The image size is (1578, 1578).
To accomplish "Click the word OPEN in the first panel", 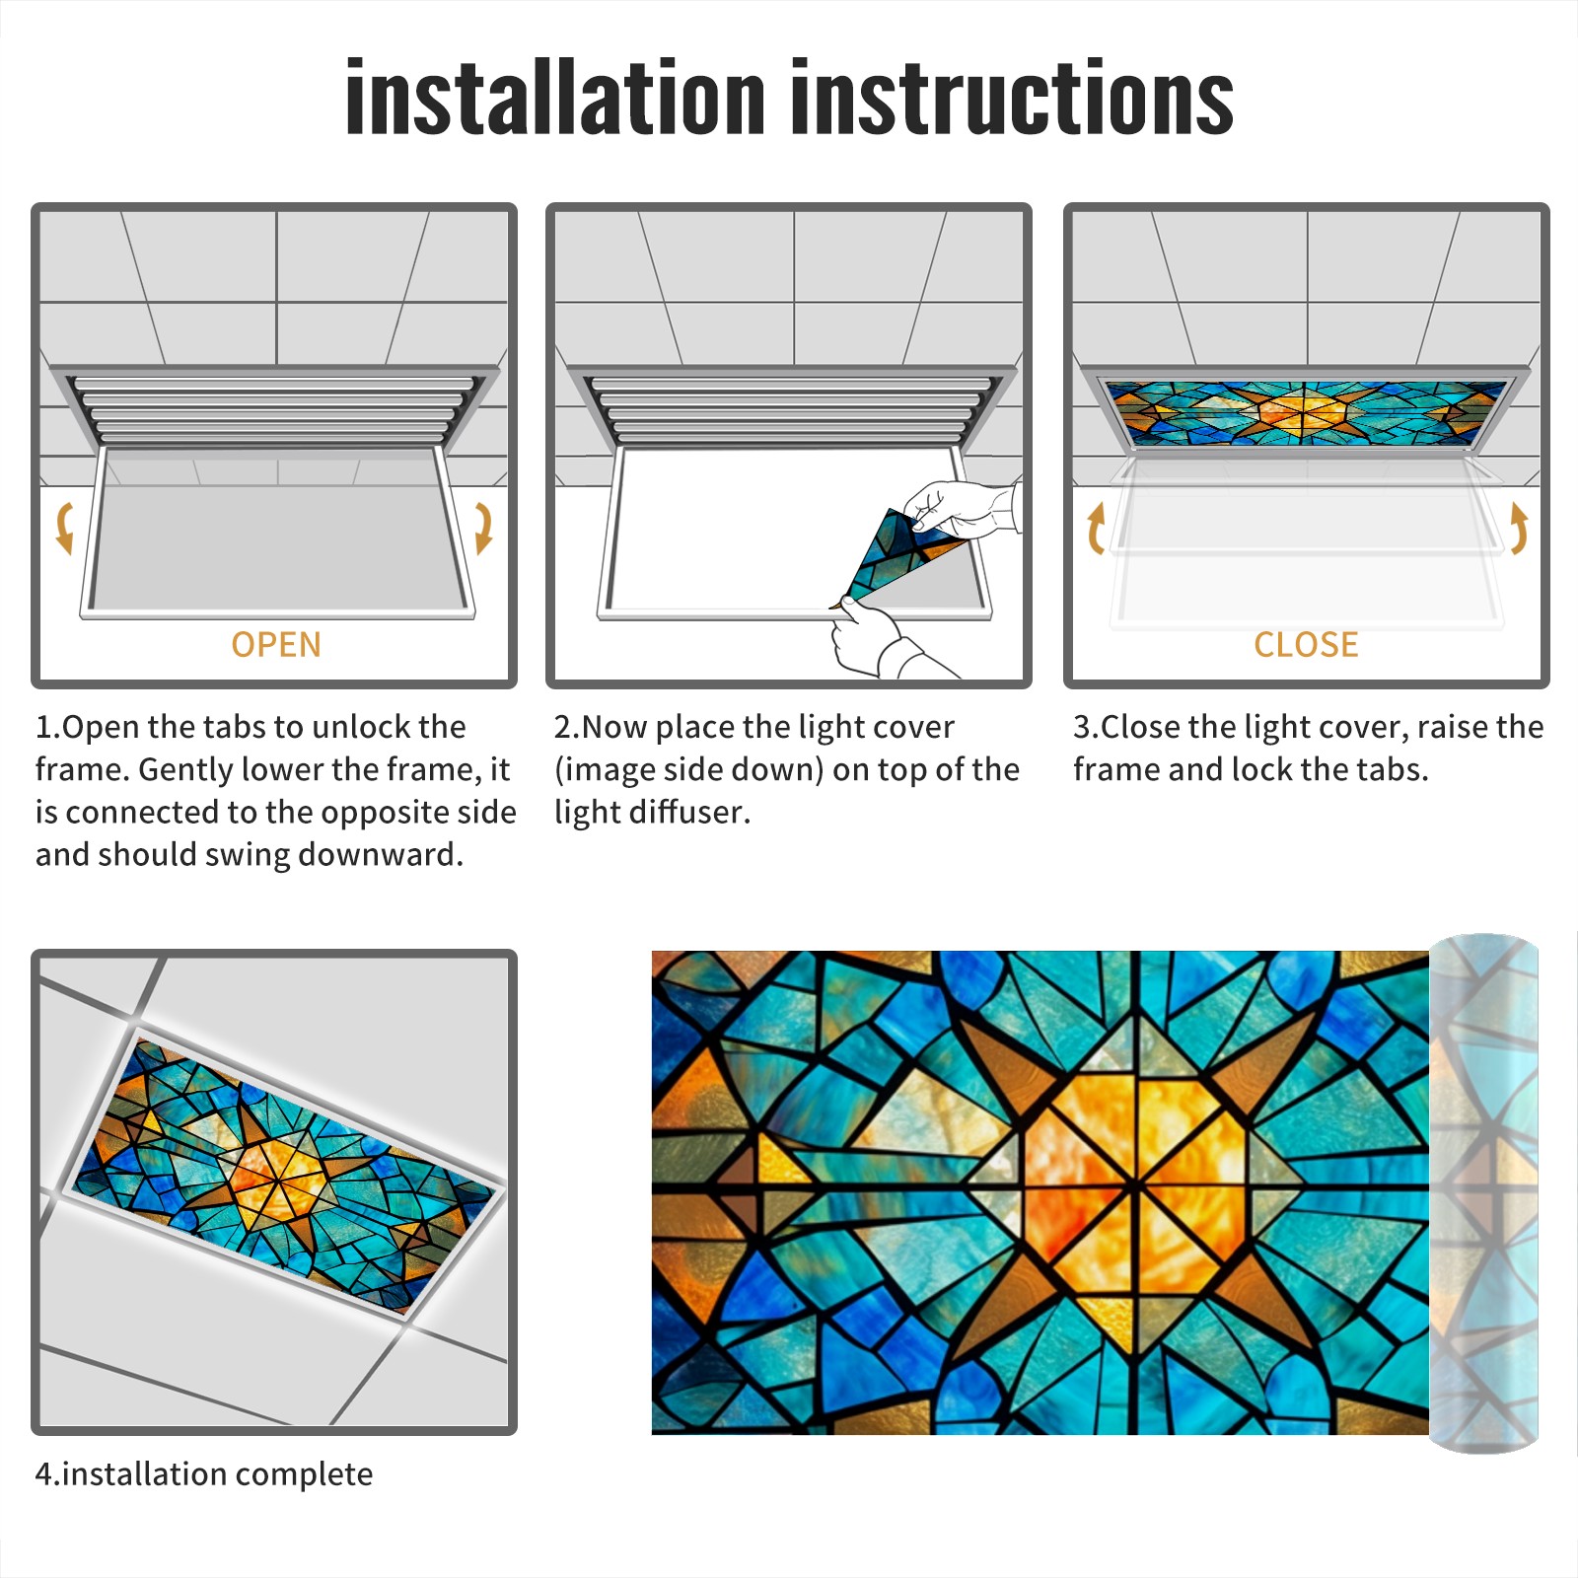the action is [x=276, y=645].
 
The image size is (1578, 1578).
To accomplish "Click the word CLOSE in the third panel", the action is [x=1306, y=645].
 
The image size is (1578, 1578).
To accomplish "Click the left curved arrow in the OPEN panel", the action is [x=64, y=528].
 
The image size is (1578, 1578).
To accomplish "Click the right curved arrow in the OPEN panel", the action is [x=483, y=528].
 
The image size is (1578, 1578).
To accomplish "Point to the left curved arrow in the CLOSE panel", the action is [x=1096, y=528].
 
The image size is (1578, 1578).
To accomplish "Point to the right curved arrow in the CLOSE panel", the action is [x=1519, y=528].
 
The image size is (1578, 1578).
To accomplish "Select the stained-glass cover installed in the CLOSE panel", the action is [x=1307, y=413].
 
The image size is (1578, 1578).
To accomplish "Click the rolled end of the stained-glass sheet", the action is [x=1483, y=1193].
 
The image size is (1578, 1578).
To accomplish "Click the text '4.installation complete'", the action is [x=204, y=1473].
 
